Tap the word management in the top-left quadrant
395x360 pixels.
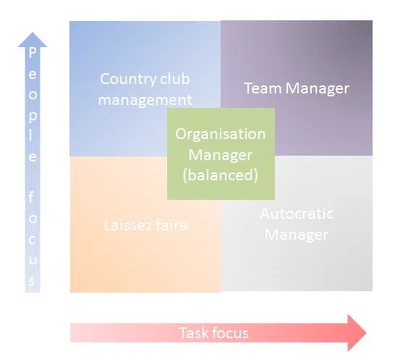pyautogui.click(x=145, y=100)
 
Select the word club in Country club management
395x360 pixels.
pyautogui.click(x=176, y=79)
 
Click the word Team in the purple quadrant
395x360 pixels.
pyautogui.click(x=263, y=88)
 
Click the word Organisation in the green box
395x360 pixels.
pyautogui.click(x=221, y=135)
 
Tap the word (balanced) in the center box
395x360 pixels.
pyautogui.click(x=221, y=175)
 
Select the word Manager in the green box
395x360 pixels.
pyautogui.click(x=221, y=154)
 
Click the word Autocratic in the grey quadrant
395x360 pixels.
pyautogui.click(x=297, y=214)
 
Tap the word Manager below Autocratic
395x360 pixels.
pyautogui.click(x=297, y=235)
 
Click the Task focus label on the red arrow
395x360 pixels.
pyautogui.click(x=213, y=333)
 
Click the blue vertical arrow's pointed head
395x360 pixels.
pyautogui.click(x=32, y=38)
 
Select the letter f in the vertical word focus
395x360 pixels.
pyautogui.click(x=32, y=196)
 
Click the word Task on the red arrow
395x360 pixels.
pyautogui.click(x=193, y=333)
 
